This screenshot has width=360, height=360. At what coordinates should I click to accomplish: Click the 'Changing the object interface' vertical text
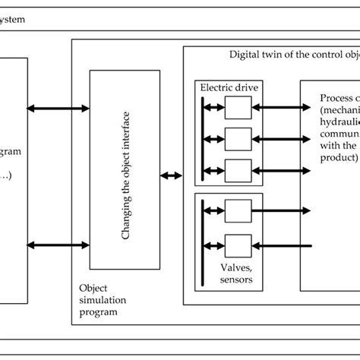(x=126, y=169)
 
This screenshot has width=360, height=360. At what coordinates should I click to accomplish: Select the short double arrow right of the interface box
(x=171, y=176)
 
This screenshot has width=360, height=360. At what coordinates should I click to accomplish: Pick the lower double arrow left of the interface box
(x=58, y=245)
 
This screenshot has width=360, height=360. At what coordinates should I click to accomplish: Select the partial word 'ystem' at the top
(x=14, y=18)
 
